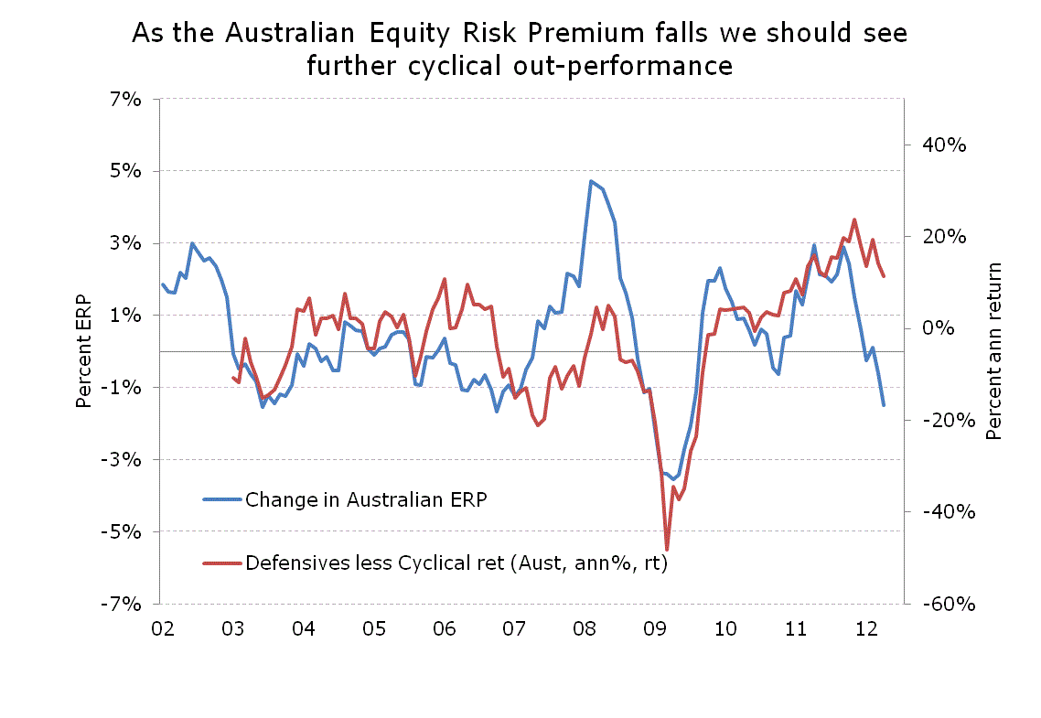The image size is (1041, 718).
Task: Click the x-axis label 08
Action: click(x=585, y=629)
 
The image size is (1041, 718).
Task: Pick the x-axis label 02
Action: click(x=163, y=629)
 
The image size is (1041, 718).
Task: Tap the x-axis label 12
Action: click(x=866, y=629)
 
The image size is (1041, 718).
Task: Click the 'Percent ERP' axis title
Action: click(x=83, y=350)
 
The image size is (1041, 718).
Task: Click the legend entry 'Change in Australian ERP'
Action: click(x=366, y=499)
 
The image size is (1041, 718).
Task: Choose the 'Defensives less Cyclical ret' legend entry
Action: click(x=456, y=563)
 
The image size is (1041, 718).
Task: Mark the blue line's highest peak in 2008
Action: click(x=591, y=181)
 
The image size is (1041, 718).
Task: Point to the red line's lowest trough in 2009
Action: click(x=667, y=550)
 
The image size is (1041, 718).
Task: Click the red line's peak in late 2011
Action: click(x=854, y=220)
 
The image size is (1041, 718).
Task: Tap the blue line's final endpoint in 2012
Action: click(x=884, y=405)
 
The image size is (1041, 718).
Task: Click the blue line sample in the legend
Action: click(x=222, y=499)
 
